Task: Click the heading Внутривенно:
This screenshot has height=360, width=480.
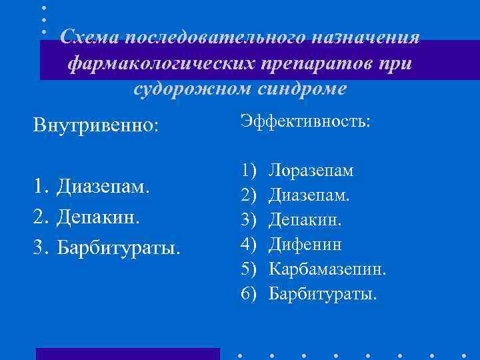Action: point(97,125)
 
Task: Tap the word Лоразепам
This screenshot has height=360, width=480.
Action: point(311,171)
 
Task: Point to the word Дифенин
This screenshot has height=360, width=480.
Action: point(305,245)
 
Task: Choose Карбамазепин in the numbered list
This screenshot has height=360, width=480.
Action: point(327,269)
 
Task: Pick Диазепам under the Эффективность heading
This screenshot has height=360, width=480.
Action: point(309,195)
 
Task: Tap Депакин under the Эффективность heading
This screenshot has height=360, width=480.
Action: point(307,220)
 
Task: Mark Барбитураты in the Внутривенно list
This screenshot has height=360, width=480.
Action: point(119,248)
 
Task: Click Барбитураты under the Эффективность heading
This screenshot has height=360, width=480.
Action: point(323,293)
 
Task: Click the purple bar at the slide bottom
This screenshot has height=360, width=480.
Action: point(127,353)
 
